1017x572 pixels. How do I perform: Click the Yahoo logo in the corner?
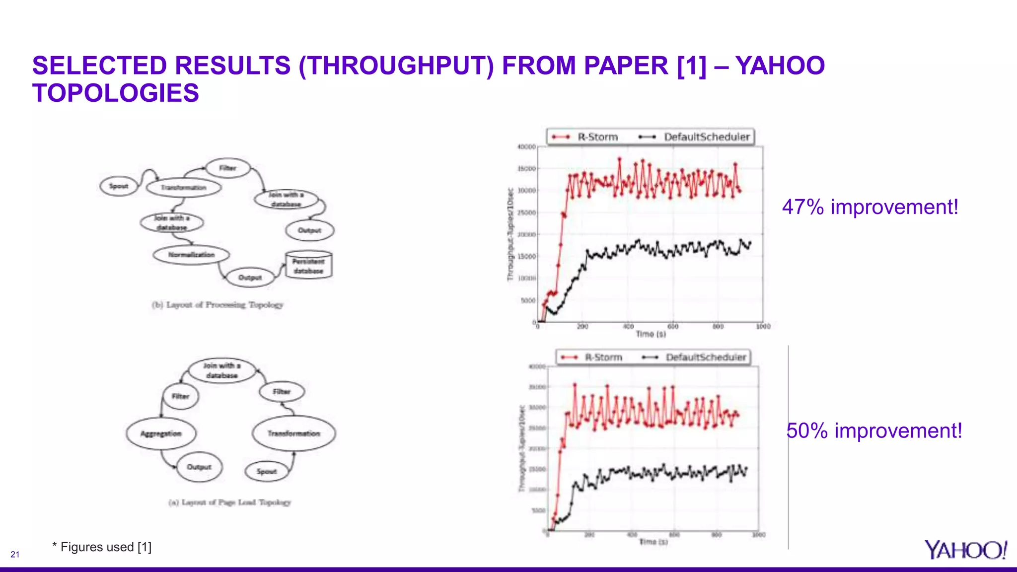(965, 550)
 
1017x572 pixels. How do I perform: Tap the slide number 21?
(15, 555)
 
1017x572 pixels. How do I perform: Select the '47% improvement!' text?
(870, 207)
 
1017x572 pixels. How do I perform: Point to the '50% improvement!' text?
(874, 430)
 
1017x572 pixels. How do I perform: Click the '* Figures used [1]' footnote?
(102, 547)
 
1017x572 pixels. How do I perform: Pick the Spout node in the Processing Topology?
(119, 186)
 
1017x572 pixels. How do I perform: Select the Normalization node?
(191, 255)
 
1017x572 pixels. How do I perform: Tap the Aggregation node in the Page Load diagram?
(161, 433)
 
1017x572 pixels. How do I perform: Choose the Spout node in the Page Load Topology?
(267, 471)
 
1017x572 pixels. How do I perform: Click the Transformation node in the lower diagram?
(293, 433)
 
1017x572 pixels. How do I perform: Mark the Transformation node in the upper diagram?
(183, 188)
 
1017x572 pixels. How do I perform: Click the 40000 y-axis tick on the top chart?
(526, 147)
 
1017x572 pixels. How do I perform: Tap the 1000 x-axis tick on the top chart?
(763, 326)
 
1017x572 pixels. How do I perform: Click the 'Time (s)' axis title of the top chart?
(651, 334)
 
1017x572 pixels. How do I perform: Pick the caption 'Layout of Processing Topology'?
(218, 305)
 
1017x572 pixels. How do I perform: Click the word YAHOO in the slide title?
(780, 66)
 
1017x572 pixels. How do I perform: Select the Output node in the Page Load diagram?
(199, 467)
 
